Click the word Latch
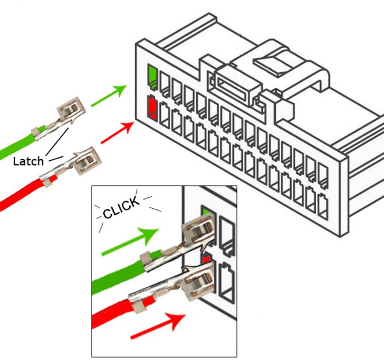[x=28, y=162]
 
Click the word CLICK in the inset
[x=121, y=208]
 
